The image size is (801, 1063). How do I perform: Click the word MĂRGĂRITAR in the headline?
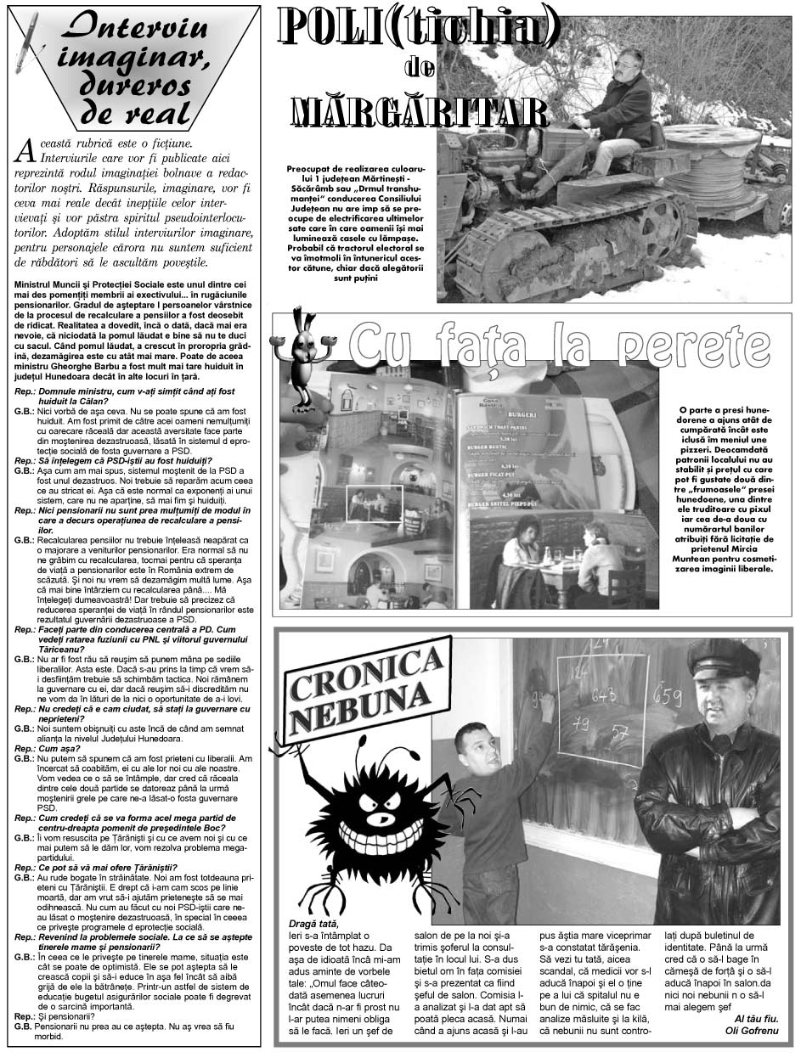coord(419,111)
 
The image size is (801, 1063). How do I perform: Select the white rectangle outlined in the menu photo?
coord(374,503)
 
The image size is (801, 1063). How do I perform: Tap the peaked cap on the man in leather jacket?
coord(722,659)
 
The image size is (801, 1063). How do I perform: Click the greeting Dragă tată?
coord(313,924)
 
